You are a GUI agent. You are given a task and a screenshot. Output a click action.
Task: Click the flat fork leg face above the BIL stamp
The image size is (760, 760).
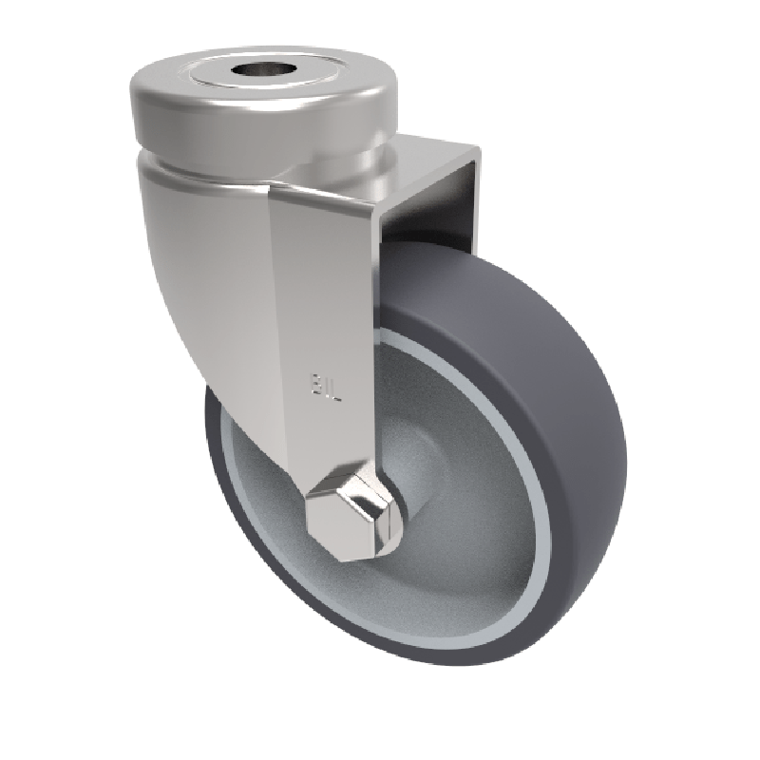[x=323, y=285]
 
